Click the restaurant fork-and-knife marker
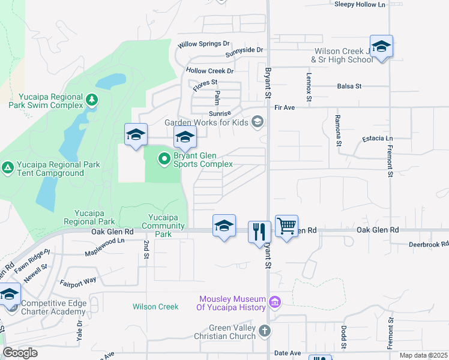pos(259,232)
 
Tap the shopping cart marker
pos(287,226)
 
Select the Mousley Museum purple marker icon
pos(275,301)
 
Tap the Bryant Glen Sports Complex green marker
pos(164,160)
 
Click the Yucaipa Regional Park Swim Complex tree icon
pos(91,99)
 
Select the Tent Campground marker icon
pos(7,167)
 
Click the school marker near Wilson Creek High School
pos(381,46)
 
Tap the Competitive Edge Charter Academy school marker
pos(10,295)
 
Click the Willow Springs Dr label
pos(204,44)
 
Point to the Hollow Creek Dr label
pos(209,71)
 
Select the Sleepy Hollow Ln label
pos(360,4)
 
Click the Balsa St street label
pos(349,86)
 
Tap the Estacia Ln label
pos(378,139)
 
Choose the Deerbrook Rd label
pos(429,244)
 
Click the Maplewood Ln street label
pos(104,241)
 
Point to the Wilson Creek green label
pos(155,307)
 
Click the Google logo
pos(20,353)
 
